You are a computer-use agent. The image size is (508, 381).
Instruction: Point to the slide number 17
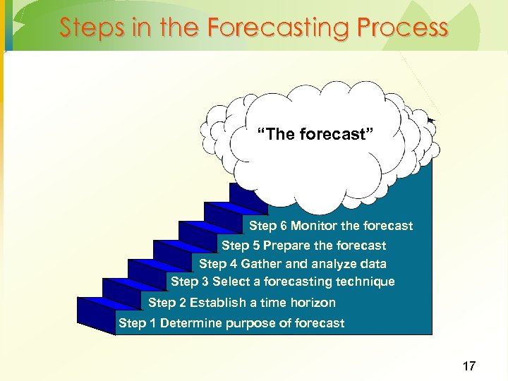(x=468, y=365)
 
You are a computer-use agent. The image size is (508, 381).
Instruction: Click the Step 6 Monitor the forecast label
(x=331, y=226)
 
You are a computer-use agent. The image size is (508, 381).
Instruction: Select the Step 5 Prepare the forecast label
(x=303, y=246)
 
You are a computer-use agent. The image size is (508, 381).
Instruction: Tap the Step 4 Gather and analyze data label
(x=292, y=264)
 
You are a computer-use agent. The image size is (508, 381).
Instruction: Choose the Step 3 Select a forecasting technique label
(x=282, y=282)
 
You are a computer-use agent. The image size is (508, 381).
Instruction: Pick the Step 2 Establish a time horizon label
(x=242, y=303)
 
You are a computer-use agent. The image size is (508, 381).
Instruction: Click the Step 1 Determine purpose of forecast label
(x=231, y=323)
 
